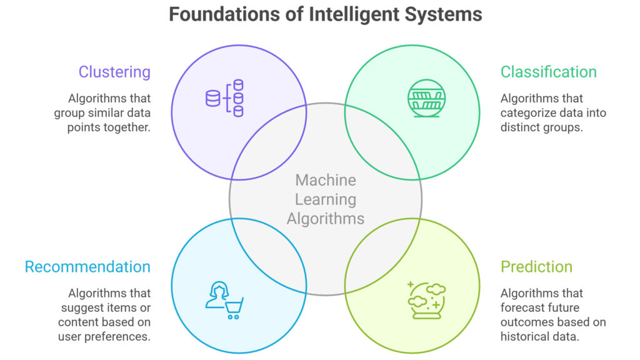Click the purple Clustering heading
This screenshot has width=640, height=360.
[114, 72]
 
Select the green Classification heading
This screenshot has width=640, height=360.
[548, 72]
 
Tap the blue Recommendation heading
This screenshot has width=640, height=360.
[87, 267]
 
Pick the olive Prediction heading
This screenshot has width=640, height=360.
[536, 267]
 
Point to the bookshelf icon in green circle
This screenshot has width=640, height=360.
[424, 96]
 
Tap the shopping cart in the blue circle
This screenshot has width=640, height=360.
[234, 307]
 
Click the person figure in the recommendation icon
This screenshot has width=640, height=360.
[217, 296]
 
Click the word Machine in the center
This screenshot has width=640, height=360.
[326, 181]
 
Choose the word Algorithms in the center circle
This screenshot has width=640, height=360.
[326, 219]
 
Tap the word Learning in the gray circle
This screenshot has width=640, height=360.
[326, 200]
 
